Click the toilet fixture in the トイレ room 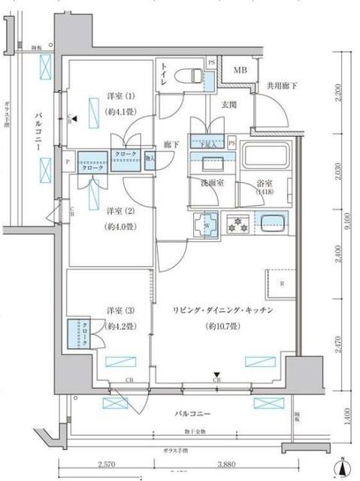point(192,75)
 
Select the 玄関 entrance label point(228,105)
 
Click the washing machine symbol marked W point(205,223)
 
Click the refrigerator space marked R point(282,284)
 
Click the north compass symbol point(343,467)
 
